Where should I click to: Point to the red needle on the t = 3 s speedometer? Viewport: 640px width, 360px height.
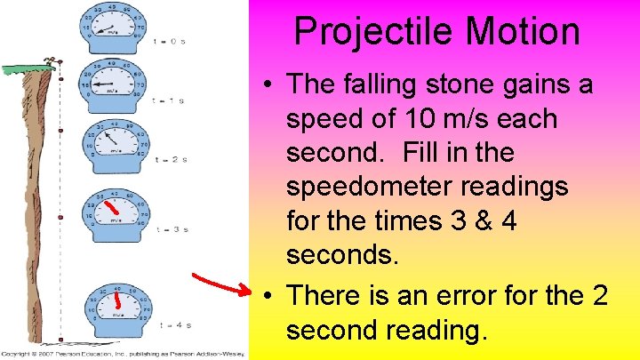click(110, 210)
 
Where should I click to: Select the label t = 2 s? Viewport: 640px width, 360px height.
click(171, 159)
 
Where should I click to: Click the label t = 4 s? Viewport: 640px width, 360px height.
click(171, 324)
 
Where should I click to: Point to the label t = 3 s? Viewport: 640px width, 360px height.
click(171, 229)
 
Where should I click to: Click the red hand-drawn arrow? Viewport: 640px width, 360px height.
click(222, 281)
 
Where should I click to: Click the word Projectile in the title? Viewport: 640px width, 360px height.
click(373, 32)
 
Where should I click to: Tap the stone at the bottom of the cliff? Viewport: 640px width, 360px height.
click(60, 340)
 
